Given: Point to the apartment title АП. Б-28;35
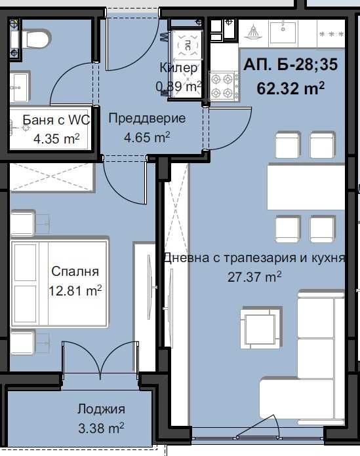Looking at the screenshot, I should click(x=283, y=66).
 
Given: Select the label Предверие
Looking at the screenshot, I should click(x=147, y=119).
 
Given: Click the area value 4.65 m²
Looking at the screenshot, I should click(x=147, y=137).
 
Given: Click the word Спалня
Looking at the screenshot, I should click(x=75, y=271).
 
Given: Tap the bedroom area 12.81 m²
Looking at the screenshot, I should click(x=75, y=290).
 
